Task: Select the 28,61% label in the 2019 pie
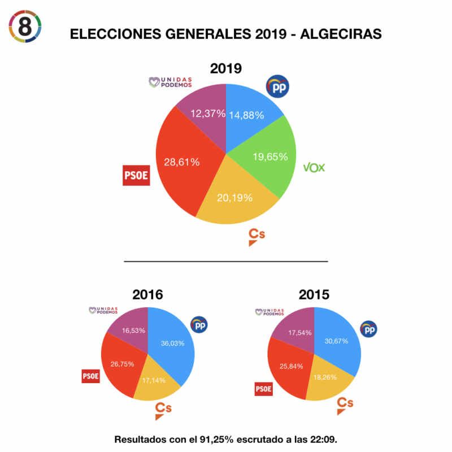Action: tap(181, 162)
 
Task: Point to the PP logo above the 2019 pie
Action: tap(277, 88)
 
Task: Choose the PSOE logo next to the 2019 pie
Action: tap(136, 175)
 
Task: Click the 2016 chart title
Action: tap(147, 294)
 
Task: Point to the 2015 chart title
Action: tap(314, 294)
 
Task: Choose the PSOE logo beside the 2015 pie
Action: tap(264, 389)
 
